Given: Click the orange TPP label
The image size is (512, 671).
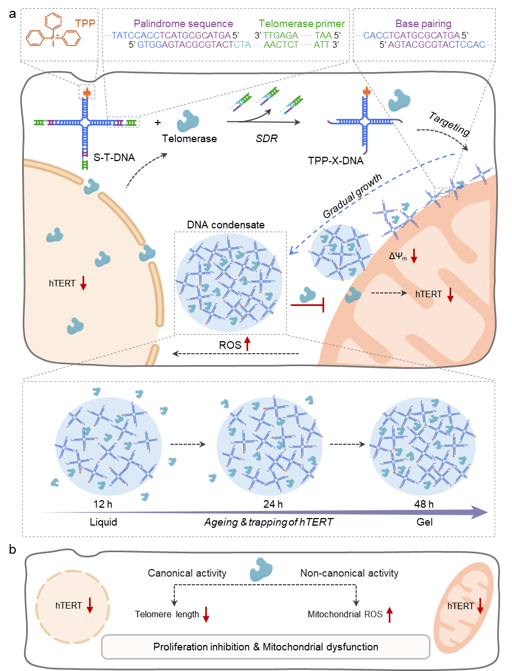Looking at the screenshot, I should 85,24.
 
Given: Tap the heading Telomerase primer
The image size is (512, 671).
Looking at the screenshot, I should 301,24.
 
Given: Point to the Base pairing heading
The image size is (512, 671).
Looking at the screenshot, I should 423,24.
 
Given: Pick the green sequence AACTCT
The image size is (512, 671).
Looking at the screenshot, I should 281,44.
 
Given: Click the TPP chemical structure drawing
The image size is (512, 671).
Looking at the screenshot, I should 53,37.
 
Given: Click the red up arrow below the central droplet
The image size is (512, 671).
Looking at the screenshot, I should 248,343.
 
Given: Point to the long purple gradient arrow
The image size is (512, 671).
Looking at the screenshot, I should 264,512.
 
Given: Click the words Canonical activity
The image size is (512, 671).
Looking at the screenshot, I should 187,573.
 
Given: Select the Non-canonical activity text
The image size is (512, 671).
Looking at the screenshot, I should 349,573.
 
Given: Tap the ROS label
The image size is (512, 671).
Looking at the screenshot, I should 373,615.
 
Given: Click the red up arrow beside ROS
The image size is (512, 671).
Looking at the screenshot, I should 389,614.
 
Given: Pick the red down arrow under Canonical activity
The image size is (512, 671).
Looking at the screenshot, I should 206,614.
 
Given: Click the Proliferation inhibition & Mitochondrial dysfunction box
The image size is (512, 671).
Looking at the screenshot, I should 266,647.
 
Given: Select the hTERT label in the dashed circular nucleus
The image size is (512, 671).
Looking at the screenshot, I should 68,605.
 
